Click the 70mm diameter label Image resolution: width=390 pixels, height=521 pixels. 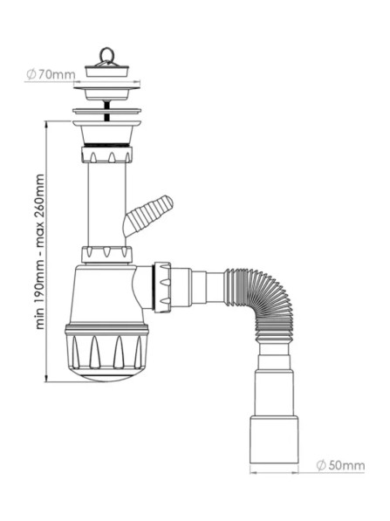[x=51, y=75]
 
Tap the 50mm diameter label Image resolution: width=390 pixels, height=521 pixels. [x=340, y=465]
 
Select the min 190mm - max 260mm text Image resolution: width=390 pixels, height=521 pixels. [x=40, y=251]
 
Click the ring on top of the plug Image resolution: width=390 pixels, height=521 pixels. [x=106, y=54]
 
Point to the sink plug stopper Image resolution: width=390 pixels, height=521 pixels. [x=106, y=71]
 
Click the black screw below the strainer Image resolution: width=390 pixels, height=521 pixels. [x=106, y=112]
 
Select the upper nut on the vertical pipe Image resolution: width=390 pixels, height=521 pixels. [x=106, y=154]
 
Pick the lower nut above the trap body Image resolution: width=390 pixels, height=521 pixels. [x=106, y=255]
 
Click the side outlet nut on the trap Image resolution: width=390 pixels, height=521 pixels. [x=162, y=288]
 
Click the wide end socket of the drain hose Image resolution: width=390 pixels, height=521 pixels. [x=274, y=439]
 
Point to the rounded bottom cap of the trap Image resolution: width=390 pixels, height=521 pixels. [x=106, y=375]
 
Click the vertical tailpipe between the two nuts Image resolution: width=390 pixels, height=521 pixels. [x=106, y=204]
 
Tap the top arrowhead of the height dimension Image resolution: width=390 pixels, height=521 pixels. [x=47, y=124]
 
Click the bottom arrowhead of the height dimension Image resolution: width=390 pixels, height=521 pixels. [x=47, y=379]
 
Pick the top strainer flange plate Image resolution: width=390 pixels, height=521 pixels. [x=107, y=88]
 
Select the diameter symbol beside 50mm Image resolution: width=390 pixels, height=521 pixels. [x=322, y=465]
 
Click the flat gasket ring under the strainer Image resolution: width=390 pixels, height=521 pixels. [x=106, y=111]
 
